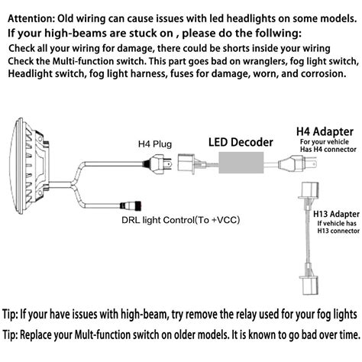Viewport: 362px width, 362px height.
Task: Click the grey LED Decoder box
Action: (241, 163)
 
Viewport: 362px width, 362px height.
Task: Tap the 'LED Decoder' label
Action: (241, 142)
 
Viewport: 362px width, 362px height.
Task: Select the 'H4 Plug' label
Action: (155, 144)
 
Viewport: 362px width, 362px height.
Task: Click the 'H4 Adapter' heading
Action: (325, 131)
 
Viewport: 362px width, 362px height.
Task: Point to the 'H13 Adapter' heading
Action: (336, 214)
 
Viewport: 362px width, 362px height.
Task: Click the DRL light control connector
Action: (131, 205)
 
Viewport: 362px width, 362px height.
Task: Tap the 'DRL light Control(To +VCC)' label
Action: (181, 220)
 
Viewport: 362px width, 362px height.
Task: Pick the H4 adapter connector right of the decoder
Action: (297, 162)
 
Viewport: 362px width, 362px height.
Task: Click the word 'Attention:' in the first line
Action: (30, 18)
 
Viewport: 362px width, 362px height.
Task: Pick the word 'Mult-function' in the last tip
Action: (102, 335)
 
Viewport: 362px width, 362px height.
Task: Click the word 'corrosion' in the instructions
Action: (323, 74)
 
